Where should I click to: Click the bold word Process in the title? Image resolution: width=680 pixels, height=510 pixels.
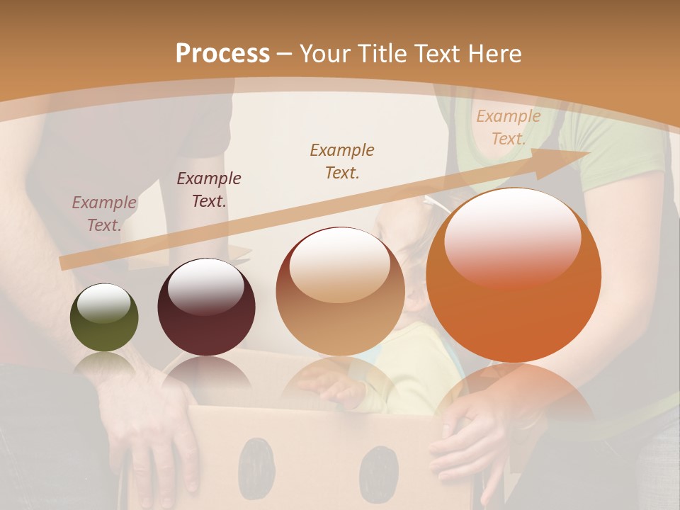tap(222, 54)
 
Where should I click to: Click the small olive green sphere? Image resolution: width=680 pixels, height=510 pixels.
tap(104, 318)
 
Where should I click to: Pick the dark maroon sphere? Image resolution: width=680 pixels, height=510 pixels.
tap(206, 307)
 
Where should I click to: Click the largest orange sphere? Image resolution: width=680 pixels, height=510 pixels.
tap(514, 276)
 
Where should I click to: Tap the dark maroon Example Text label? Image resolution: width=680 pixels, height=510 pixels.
tap(209, 190)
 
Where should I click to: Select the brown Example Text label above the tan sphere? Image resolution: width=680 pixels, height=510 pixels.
tap(342, 161)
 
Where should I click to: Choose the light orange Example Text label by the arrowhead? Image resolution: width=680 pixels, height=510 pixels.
tap(508, 127)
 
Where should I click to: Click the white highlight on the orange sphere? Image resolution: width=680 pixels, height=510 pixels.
tap(513, 234)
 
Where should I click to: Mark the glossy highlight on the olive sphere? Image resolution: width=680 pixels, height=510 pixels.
tap(104, 304)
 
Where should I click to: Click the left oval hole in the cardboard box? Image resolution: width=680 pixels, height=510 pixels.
tap(256, 467)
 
